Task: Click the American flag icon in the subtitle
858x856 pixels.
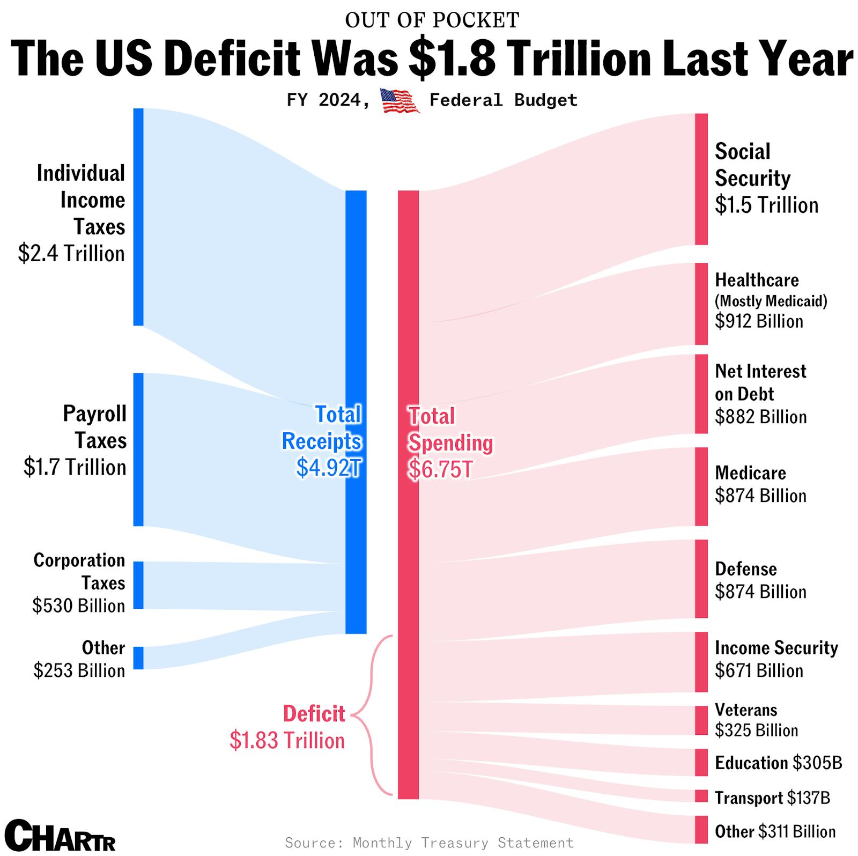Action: point(400,101)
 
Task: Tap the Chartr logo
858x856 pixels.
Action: point(63,835)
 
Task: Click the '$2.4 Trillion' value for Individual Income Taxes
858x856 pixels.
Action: point(71,254)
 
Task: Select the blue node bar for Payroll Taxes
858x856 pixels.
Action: point(138,449)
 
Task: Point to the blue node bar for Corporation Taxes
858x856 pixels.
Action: point(138,585)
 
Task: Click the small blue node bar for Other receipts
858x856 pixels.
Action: point(138,658)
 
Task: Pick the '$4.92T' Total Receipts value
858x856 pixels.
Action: point(329,468)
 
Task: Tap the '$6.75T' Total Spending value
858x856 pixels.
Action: point(440,470)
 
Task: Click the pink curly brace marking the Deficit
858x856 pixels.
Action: point(370,715)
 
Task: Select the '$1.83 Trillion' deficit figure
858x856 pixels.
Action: point(287,741)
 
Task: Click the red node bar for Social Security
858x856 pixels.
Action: point(701,179)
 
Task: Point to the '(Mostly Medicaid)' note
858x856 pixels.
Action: point(771,301)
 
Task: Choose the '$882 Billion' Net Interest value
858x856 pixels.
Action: point(760,417)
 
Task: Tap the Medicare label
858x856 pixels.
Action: point(750,473)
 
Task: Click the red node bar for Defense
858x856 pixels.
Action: point(701,579)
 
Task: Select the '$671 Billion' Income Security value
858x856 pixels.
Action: point(759,671)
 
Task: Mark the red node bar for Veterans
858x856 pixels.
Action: point(701,720)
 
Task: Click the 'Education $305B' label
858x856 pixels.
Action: point(778,763)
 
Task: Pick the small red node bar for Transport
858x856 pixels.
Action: point(701,796)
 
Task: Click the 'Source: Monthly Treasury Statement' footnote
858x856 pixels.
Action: point(429,843)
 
